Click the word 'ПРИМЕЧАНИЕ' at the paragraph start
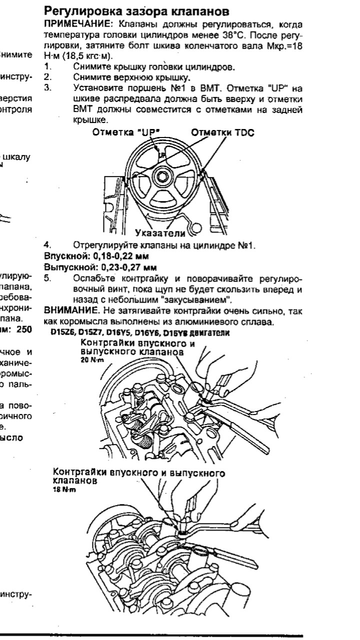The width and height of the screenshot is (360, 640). tap(70, 24)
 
